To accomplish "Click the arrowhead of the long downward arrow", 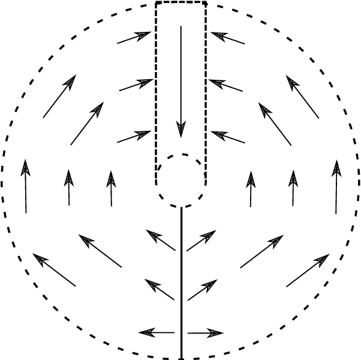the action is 181,130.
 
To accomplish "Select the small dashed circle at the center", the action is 181,180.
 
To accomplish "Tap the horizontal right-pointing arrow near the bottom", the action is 206,332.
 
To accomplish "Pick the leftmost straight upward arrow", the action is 25,186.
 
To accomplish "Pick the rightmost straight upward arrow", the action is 336,186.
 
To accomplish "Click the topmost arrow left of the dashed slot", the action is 134,38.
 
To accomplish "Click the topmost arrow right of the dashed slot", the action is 227,38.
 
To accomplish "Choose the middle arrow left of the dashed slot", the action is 136,85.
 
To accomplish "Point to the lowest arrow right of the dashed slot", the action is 228,137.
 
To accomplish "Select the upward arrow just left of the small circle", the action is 111,188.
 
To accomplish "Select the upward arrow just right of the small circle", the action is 251,188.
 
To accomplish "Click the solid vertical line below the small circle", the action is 181,270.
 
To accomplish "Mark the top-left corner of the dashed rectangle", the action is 156,3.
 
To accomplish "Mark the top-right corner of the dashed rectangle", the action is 206,3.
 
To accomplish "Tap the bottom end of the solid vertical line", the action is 181,357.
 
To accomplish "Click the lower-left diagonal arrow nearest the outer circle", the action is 55,270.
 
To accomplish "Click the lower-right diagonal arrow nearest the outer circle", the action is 308,270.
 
